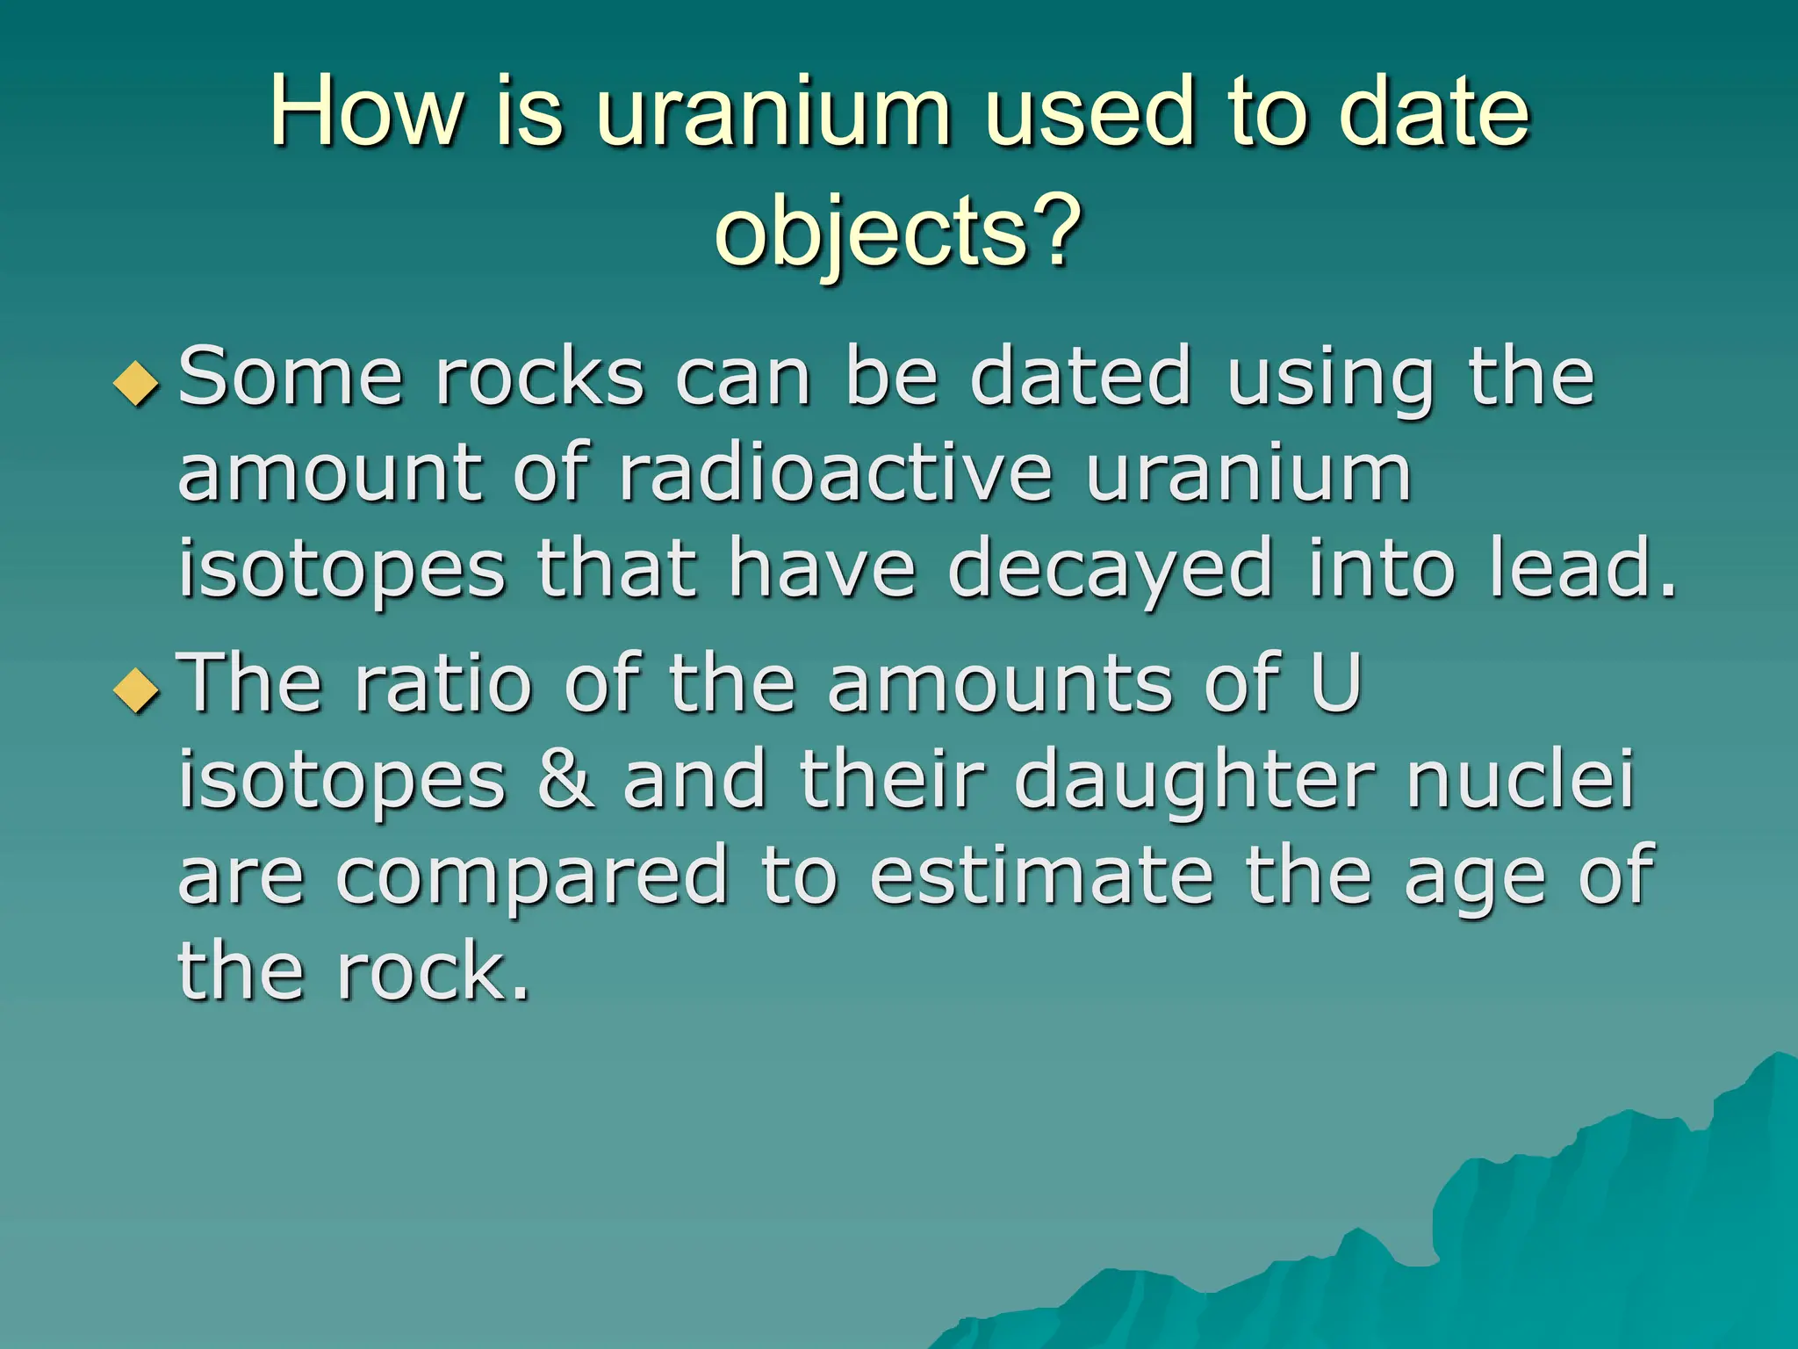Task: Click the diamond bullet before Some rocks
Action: (137, 384)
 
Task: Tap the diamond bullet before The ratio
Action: (137, 689)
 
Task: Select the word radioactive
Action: (834, 474)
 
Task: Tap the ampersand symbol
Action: (565, 779)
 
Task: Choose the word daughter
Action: (1194, 782)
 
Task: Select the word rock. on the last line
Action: (435, 972)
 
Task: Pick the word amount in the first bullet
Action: (329, 474)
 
